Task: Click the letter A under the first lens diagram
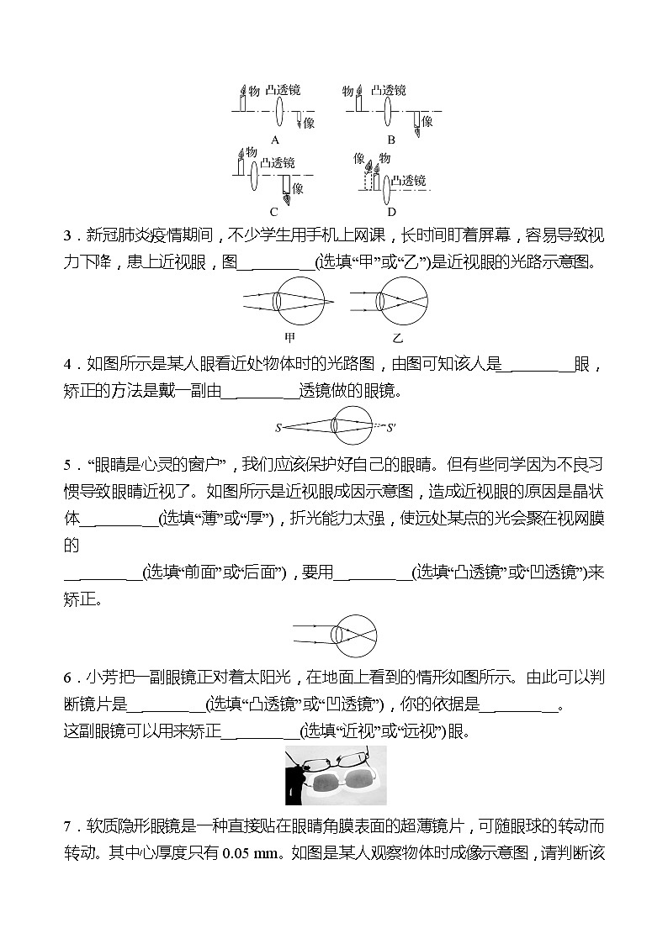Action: [x=274, y=140]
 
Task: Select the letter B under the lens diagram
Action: [x=391, y=140]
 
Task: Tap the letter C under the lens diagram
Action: [x=274, y=212]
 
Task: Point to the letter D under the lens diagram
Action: [x=391, y=212]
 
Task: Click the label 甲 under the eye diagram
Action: [x=290, y=338]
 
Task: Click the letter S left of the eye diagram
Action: [x=278, y=428]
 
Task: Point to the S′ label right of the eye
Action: [x=390, y=428]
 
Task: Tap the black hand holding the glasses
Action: [x=294, y=787]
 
